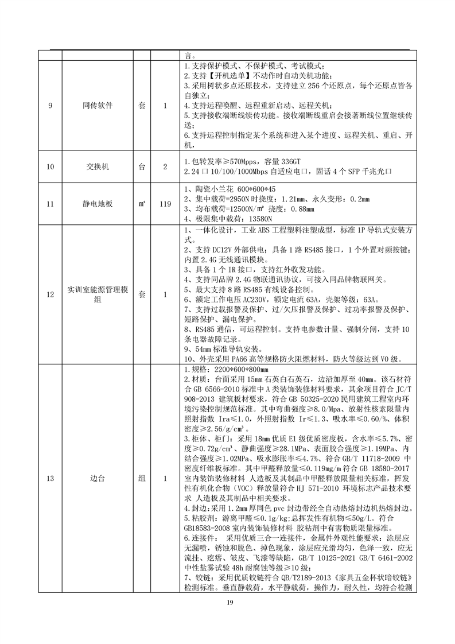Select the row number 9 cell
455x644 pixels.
50,106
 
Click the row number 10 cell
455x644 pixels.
50,166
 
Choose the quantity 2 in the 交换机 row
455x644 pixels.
165,166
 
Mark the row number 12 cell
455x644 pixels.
50,294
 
